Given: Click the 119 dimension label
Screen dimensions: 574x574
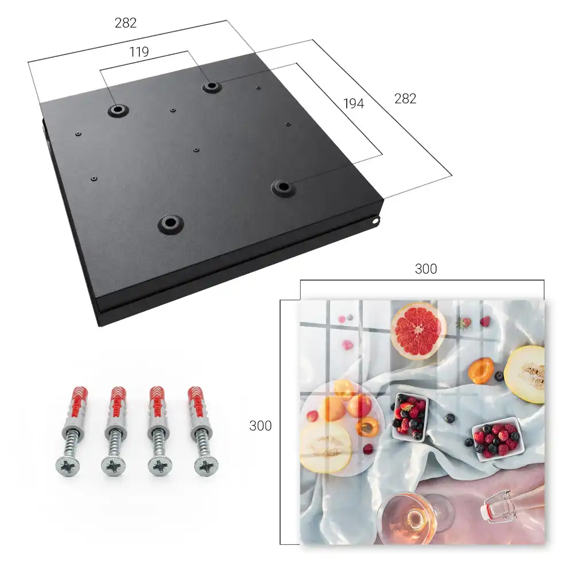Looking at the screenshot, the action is tap(139, 52).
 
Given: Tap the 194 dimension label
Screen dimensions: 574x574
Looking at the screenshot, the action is tap(354, 103).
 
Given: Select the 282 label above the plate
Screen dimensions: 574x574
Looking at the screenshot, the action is tap(126, 23).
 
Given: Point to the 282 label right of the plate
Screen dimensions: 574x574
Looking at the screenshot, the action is tap(405, 99).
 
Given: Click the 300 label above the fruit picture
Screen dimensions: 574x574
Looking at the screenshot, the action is tap(426, 269).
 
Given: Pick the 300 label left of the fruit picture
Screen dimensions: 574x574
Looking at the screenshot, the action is tap(260, 426).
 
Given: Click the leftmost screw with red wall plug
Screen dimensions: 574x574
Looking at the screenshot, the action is tap(72, 431).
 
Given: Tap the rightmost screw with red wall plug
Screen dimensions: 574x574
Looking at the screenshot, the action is tap(203, 431).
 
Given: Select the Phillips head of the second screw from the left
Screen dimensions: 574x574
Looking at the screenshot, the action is tap(114, 466).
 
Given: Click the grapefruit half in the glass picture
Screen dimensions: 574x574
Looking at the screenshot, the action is tap(418, 331).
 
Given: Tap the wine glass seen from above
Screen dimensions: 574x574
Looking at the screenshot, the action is tap(414, 517).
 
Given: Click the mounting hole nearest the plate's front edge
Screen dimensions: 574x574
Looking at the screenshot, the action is tap(170, 223).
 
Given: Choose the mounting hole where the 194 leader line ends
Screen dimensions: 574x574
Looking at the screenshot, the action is tap(282, 188).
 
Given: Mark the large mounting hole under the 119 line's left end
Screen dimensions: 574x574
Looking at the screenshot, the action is tap(118, 110).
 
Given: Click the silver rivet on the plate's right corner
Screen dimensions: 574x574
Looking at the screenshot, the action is tap(377, 220).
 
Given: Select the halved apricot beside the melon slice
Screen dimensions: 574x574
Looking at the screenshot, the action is tap(480, 370).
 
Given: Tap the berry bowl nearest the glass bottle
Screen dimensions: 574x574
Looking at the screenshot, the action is tap(498, 439).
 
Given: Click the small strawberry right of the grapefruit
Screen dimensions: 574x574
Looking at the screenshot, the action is tap(463, 323).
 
